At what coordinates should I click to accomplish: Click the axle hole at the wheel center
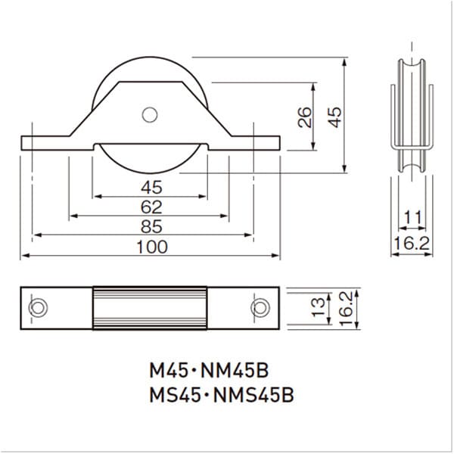tap(150, 115)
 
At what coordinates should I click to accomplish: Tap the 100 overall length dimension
tap(152, 247)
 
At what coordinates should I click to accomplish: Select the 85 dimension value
tap(151, 227)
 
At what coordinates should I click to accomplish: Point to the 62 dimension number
tap(151, 207)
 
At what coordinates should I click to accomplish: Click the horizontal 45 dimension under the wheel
tap(151, 188)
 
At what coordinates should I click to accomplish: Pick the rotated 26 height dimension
tap(305, 117)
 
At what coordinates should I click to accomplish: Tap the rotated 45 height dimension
tap(334, 117)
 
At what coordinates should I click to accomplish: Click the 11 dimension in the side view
tap(412, 218)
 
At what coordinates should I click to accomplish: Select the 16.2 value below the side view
tap(412, 243)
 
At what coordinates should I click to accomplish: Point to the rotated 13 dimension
tap(319, 306)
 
